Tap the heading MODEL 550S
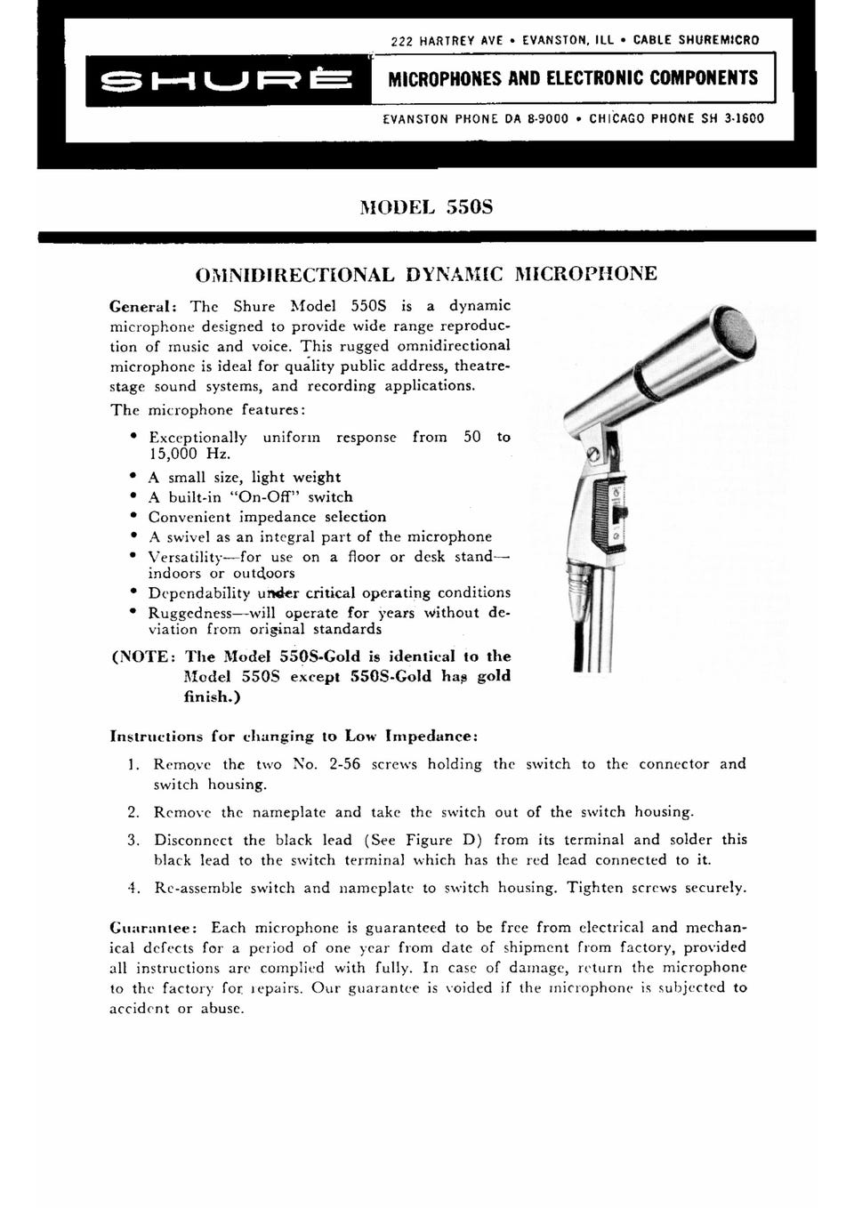(426, 207)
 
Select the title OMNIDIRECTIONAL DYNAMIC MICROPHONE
(426, 273)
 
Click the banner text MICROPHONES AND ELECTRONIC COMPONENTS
(574, 78)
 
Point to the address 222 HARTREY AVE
(447, 40)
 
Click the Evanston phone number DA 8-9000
(530, 117)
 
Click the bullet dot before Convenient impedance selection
(133, 516)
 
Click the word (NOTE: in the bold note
(144, 656)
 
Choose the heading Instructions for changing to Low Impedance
(294, 737)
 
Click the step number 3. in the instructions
(134, 840)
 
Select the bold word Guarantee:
(149, 927)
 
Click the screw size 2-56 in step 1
(344, 764)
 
